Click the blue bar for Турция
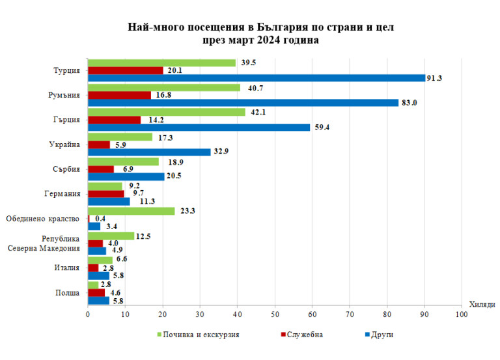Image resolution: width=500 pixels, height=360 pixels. point(257,78)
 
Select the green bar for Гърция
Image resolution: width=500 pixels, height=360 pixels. point(167,112)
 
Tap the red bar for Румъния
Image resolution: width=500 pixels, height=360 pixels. point(119,95)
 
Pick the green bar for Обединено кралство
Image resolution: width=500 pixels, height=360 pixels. point(132,211)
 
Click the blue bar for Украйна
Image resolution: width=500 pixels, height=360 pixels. point(149,152)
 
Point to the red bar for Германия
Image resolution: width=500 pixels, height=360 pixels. point(106,193)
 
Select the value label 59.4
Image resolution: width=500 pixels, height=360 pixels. point(320,128)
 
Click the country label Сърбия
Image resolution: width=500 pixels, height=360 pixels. point(66,169)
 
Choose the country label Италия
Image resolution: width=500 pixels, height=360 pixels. point(67,268)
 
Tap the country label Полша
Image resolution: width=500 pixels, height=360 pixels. point(68,292)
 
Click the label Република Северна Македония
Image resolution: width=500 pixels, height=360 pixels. point(61,243)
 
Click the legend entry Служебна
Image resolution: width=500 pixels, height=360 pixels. point(304,335)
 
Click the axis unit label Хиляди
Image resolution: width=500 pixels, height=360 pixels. point(482,305)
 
